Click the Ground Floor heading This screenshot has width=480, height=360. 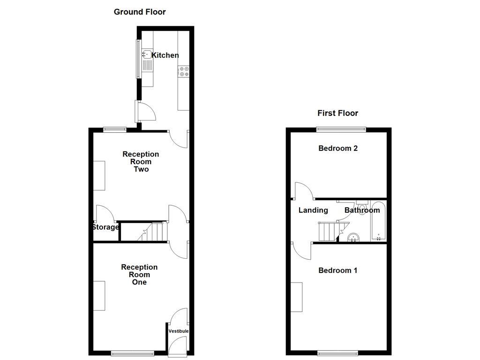[x=140, y=12]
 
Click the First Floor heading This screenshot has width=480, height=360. [x=337, y=113]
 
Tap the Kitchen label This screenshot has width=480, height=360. [x=165, y=55]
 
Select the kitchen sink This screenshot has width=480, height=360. [x=147, y=60]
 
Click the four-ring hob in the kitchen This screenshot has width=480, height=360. [x=183, y=72]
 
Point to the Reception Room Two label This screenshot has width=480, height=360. [x=141, y=161]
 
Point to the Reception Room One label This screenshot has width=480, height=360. [x=139, y=274]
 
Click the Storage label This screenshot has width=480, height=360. [x=105, y=227]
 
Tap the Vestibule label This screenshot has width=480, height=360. [x=179, y=331]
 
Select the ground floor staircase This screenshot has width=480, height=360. [x=152, y=231]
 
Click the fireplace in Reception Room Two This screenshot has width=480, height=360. [x=99, y=175]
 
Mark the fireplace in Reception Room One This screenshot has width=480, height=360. [x=99, y=295]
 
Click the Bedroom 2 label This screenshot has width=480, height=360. [x=338, y=148]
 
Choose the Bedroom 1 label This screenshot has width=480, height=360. [x=338, y=270]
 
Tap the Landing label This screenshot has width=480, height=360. [x=313, y=210]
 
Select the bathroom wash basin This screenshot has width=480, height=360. [x=353, y=238]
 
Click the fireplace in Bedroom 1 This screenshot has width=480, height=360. [x=296, y=297]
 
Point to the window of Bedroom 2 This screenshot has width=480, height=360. [x=341, y=129]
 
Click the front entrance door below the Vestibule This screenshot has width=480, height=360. [x=178, y=347]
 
